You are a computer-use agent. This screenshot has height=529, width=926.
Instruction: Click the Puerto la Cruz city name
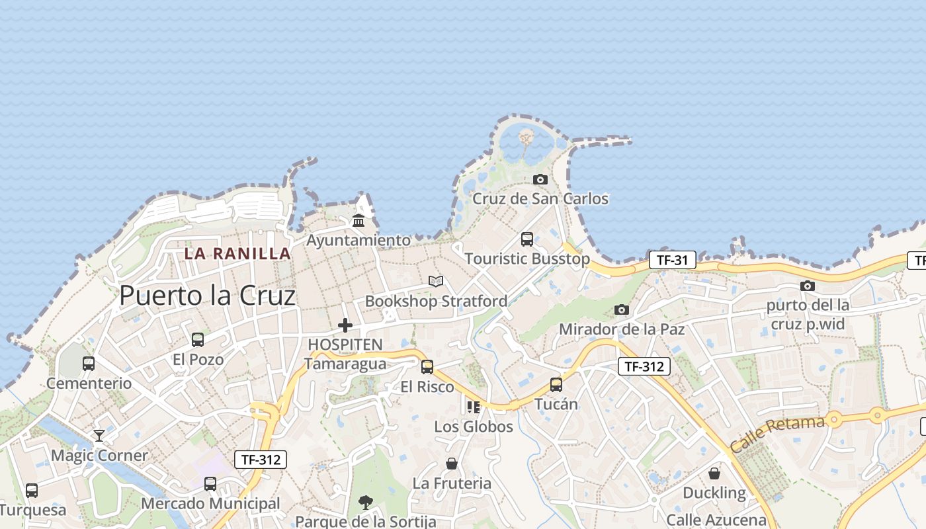(207, 296)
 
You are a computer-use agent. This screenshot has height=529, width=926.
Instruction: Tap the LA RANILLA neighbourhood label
(237, 253)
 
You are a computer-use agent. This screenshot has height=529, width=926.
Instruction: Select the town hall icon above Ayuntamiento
(358, 220)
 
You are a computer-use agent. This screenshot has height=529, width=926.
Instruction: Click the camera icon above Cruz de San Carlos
(540, 179)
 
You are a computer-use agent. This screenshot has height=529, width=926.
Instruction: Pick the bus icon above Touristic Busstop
(527, 239)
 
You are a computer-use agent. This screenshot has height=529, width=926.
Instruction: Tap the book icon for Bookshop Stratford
(435, 282)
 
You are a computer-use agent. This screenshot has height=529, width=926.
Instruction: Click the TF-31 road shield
(672, 260)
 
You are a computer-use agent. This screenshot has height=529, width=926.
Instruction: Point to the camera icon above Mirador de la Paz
(621, 309)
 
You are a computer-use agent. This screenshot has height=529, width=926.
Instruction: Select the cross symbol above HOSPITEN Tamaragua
(345, 325)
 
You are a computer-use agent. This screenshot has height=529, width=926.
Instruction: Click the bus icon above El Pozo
(198, 340)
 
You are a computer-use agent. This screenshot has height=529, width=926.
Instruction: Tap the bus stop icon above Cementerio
(89, 363)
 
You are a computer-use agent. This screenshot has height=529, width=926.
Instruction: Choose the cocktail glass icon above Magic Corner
(99, 435)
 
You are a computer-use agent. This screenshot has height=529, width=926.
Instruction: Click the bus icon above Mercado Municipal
(210, 483)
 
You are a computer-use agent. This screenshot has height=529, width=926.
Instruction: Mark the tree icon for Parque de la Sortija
(365, 503)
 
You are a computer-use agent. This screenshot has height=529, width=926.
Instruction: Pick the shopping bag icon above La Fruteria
(452, 464)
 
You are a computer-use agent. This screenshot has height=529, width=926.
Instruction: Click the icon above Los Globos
(473, 407)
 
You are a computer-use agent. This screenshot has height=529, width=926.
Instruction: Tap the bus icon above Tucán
(556, 384)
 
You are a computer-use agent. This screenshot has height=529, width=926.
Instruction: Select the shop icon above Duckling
(714, 473)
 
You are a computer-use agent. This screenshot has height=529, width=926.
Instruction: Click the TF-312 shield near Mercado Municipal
(261, 460)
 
